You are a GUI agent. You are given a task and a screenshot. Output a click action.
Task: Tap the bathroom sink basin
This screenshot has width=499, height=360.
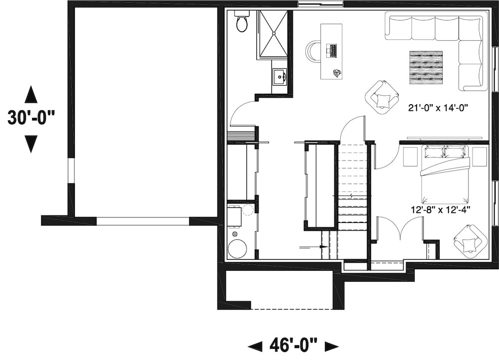tap(279, 77)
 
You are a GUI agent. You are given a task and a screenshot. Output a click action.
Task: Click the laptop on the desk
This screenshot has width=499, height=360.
tap(331, 50)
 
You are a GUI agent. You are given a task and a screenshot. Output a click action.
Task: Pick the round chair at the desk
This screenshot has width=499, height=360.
tap(314, 51)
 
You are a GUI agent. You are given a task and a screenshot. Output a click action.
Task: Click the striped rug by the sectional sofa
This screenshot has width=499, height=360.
tap(426, 67)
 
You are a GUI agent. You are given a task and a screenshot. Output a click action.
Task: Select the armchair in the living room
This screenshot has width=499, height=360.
tap(382, 97)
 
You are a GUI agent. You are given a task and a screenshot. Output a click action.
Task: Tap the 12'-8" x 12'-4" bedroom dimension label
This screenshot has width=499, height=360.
tap(441, 210)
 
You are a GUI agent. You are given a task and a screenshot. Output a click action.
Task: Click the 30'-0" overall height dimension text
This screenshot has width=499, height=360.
tap(31, 119)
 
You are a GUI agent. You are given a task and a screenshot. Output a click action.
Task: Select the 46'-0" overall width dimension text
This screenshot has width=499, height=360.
tap(293, 345)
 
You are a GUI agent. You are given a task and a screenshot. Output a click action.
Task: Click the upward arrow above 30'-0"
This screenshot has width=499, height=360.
tap(31, 94)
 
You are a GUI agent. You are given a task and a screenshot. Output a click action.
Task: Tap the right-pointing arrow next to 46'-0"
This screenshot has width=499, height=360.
tap(331, 346)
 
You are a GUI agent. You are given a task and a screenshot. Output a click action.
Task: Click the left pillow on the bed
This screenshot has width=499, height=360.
tap(433, 152)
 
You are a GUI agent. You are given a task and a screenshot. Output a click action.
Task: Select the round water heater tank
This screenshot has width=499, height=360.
tap(237, 249)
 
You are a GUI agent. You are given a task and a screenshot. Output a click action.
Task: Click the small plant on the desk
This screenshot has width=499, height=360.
tap(337, 73)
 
